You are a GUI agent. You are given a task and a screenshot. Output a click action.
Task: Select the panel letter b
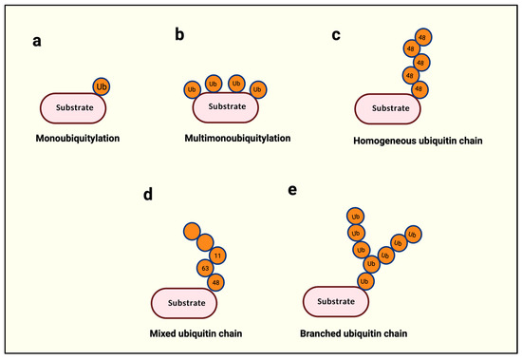tap(179, 36)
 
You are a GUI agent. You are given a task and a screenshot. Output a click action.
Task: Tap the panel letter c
tap(336, 36)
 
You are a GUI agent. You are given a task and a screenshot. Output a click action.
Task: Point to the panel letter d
tap(147, 196)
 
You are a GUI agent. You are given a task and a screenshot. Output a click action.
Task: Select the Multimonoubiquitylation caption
tap(237, 139)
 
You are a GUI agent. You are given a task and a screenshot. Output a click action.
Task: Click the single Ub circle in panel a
tap(103, 86)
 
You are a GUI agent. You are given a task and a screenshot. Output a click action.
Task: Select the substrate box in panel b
tap(226, 107)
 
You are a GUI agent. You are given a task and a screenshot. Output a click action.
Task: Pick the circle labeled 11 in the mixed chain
tap(217, 255)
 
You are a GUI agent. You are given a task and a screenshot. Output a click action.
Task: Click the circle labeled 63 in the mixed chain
tap(204, 269)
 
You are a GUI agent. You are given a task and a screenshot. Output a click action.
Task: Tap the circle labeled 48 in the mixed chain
tap(215, 283)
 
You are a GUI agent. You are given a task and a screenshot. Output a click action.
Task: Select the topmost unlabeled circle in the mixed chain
tap(193, 231)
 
